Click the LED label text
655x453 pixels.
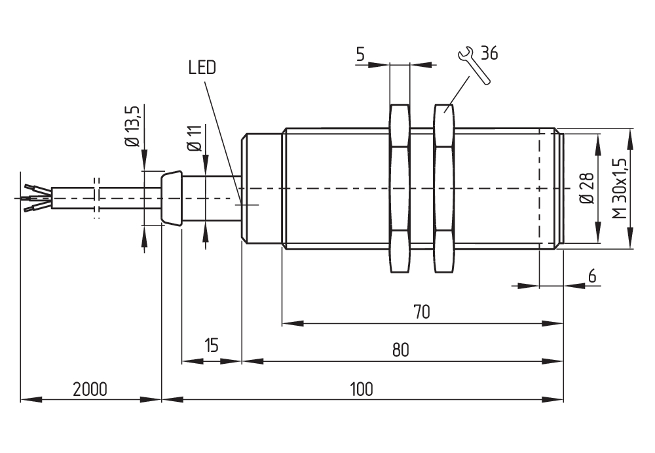click(x=202, y=68)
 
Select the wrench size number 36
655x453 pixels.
click(x=489, y=53)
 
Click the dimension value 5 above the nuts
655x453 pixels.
click(x=360, y=54)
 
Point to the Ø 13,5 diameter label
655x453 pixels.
click(x=133, y=126)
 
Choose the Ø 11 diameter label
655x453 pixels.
click(x=195, y=138)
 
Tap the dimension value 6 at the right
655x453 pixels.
click(x=592, y=276)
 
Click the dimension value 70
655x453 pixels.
click(x=421, y=312)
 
